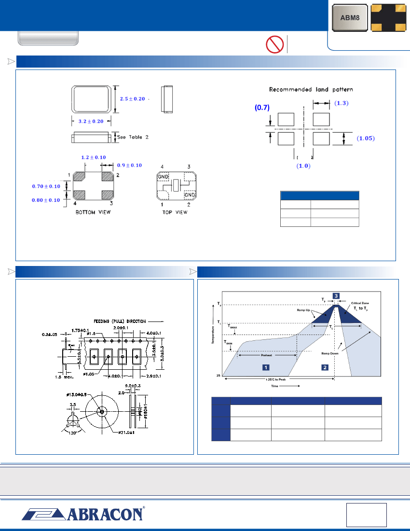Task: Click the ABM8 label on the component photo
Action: [349, 18]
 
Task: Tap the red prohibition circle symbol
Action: [274, 44]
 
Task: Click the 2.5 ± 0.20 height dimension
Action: [132, 98]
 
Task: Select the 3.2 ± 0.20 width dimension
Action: [91, 121]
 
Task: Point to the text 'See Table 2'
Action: [133, 137]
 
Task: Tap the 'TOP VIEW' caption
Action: [175, 212]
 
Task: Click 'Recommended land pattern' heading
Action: [311, 89]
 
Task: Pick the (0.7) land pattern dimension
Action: [261, 109]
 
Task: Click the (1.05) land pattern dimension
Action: [365, 138]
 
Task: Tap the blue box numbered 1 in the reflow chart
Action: [265, 367]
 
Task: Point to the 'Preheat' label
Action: [266, 355]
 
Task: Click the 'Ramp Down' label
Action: [330, 353]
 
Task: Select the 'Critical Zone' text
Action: [360, 303]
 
